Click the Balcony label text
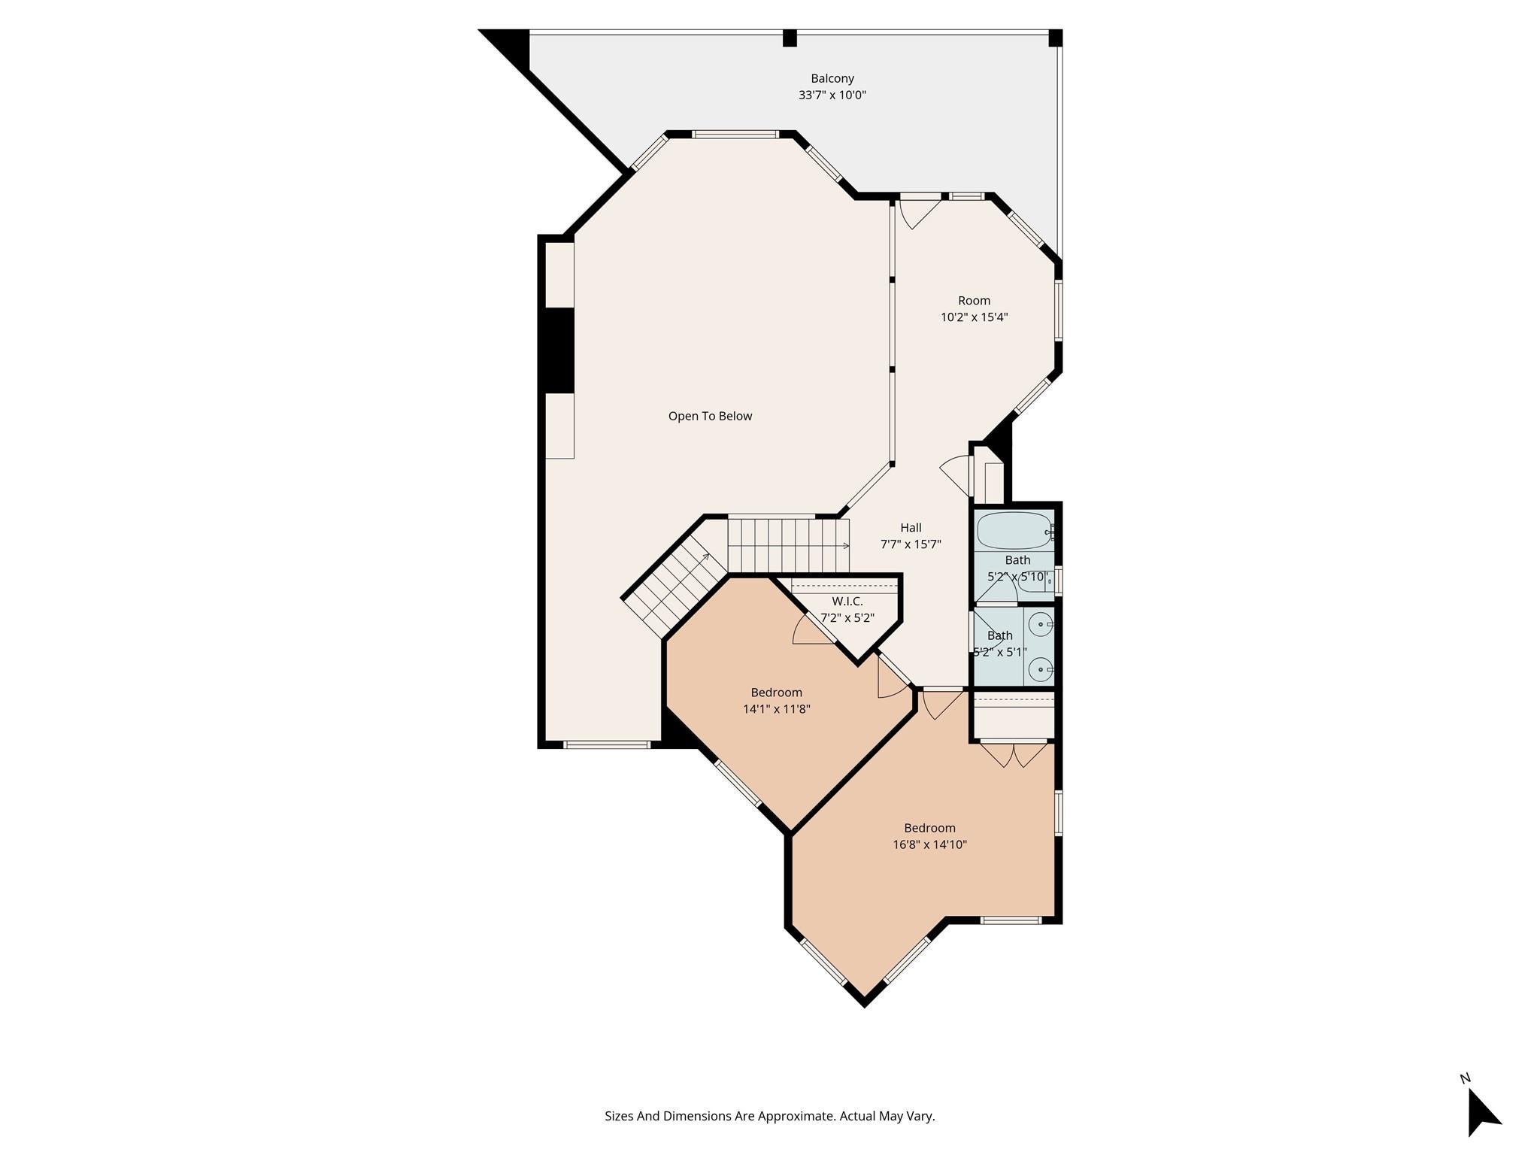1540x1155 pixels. (832, 78)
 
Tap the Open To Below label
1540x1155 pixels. (710, 416)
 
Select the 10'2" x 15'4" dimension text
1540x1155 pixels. (974, 317)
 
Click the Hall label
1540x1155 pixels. (911, 528)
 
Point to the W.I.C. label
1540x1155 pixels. (847, 602)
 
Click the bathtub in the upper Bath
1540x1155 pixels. (1014, 531)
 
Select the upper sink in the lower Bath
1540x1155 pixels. (1041, 625)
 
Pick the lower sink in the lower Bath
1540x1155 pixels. (1041, 668)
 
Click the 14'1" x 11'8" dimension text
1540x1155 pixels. (776, 709)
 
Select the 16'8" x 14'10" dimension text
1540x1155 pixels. (929, 844)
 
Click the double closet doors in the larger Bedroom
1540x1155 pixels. (1014, 754)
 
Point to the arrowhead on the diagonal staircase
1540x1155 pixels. (705, 557)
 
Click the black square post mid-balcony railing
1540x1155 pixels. (790, 38)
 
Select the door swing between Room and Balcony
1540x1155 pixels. (918, 211)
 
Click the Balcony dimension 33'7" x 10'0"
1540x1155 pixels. (832, 95)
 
